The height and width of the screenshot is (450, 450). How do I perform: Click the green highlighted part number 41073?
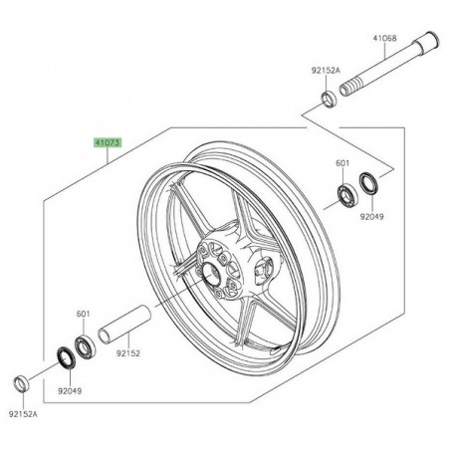tap(109, 143)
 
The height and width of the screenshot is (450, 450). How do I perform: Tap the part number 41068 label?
tap(385, 39)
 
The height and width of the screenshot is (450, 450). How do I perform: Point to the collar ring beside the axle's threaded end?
tap(328, 99)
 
